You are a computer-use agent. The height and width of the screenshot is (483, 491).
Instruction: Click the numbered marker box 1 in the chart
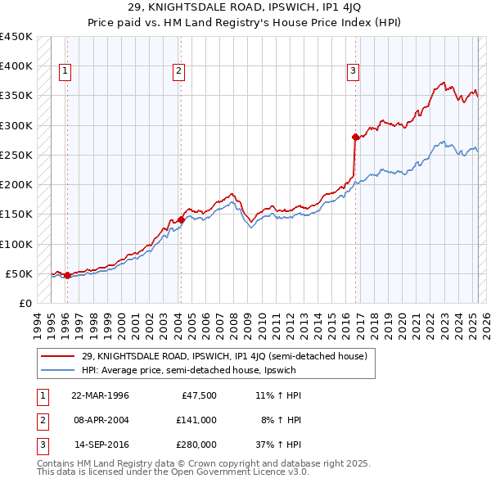click(x=65, y=71)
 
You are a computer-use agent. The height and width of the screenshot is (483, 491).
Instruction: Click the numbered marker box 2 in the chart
click(x=178, y=71)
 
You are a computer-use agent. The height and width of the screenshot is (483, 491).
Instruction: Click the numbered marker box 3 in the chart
click(x=353, y=71)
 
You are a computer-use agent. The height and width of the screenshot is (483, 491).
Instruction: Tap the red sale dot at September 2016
click(x=355, y=137)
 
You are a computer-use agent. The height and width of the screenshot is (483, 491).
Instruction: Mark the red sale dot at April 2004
click(x=181, y=219)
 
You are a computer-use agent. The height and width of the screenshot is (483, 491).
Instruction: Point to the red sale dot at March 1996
click(x=67, y=275)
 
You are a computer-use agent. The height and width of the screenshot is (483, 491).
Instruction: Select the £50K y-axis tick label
click(x=19, y=273)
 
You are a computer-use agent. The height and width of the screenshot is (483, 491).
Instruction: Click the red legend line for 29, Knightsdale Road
click(x=59, y=356)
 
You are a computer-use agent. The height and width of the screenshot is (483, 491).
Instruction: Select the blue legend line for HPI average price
click(x=59, y=370)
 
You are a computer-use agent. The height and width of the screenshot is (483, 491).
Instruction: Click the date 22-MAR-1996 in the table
click(x=100, y=395)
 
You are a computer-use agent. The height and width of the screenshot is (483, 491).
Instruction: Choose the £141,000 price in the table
click(x=196, y=420)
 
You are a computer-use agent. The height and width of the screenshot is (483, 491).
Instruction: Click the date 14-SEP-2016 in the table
click(x=100, y=445)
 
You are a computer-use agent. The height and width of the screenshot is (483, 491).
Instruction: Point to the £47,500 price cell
click(x=199, y=395)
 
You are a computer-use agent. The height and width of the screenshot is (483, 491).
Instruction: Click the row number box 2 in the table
click(x=42, y=421)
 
